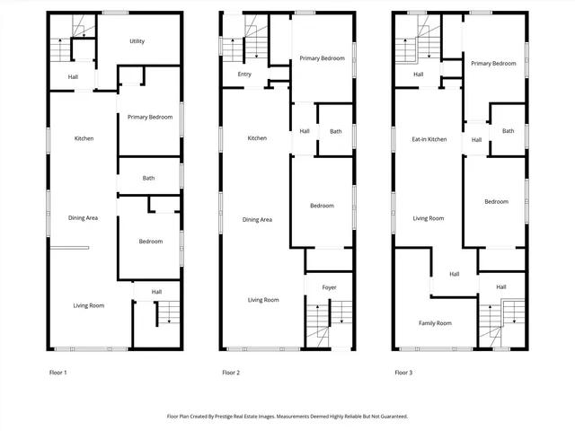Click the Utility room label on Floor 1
point(137,41)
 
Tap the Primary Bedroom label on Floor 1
point(149,118)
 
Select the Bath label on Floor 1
point(148,178)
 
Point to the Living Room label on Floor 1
point(89,305)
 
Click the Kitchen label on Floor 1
point(84,138)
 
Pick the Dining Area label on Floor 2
point(257,219)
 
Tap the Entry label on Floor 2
point(244,75)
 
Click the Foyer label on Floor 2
point(329,287)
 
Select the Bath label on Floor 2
point(335,132)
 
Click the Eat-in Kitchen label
point(429,139)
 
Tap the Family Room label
point(435,322)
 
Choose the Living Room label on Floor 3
point(429,218)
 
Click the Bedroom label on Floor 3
point(496,201)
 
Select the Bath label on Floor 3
point(508,131)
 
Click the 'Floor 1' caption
point(57,372)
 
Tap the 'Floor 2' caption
point(231,372)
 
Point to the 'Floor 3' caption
point(403,372)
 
